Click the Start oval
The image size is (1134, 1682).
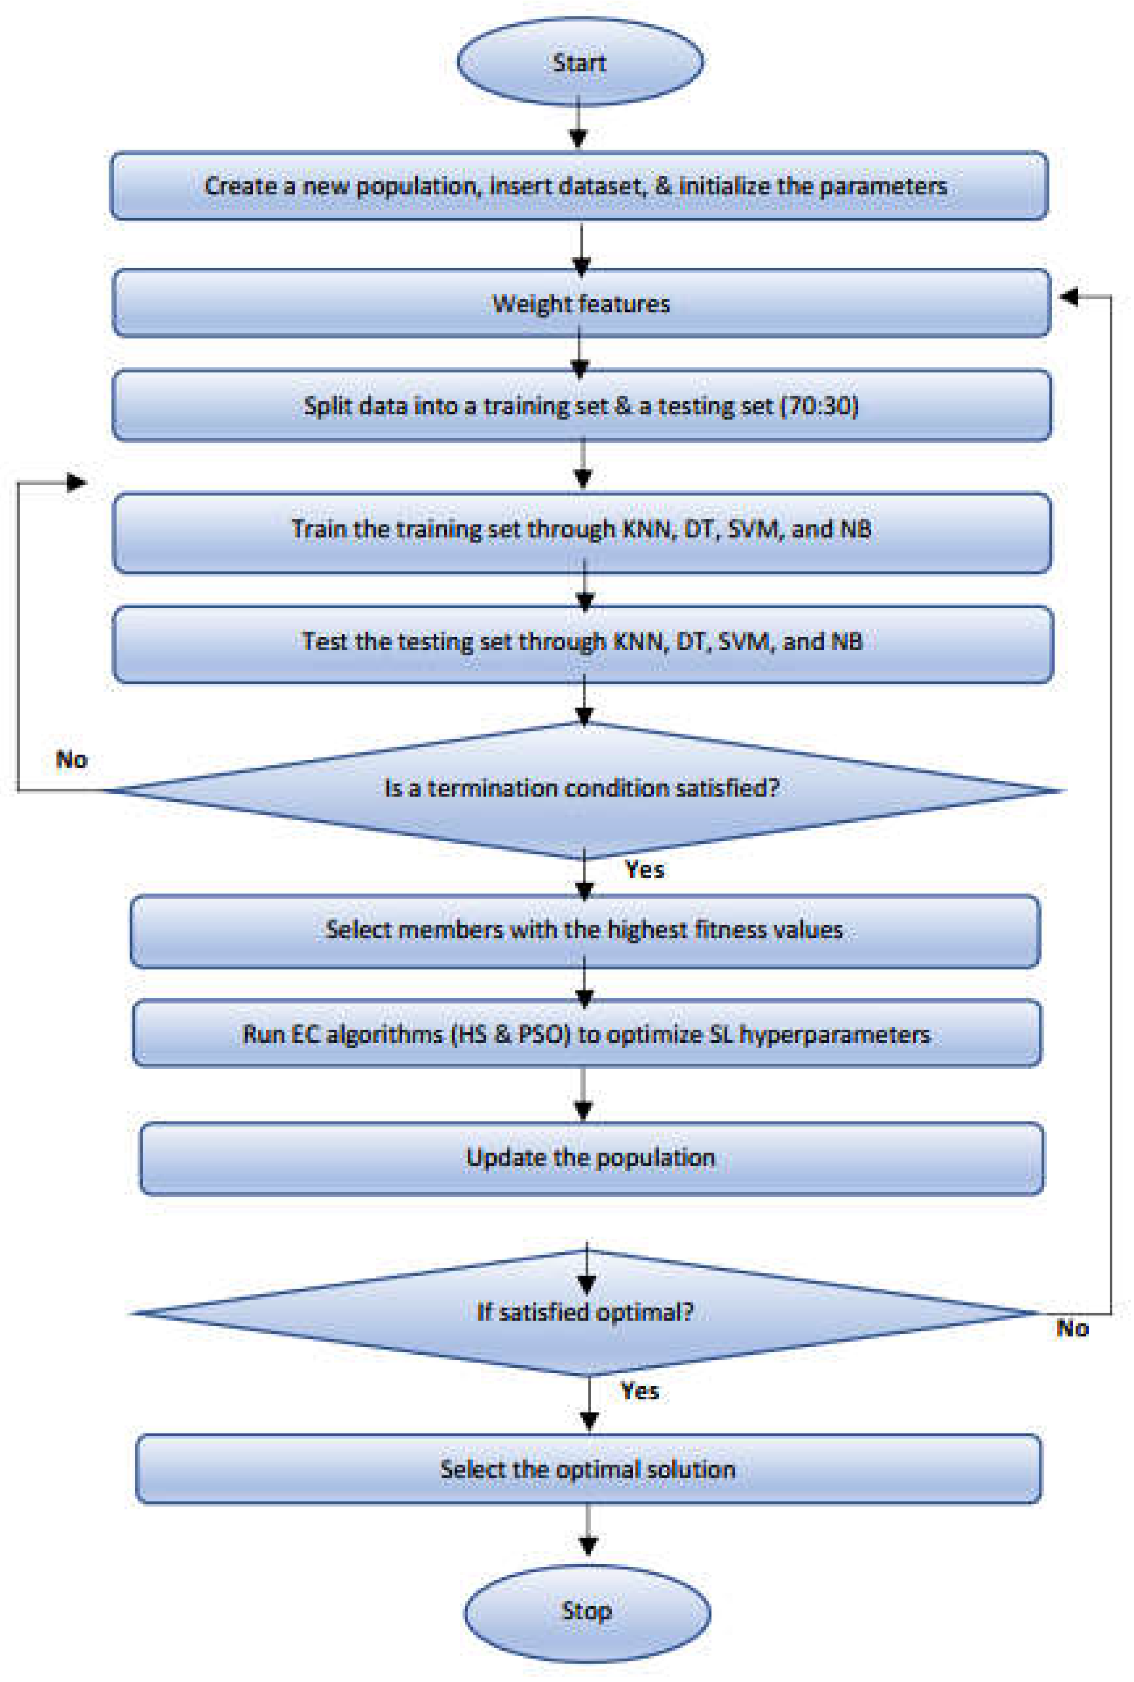[579, 62]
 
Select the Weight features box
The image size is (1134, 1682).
[581, 303]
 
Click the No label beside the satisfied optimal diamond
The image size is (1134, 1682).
[1072, 1328]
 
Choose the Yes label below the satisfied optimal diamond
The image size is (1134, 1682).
[639, 1391]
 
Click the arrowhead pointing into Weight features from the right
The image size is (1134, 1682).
[1069, 296]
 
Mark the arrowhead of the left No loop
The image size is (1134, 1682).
[76, 482]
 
